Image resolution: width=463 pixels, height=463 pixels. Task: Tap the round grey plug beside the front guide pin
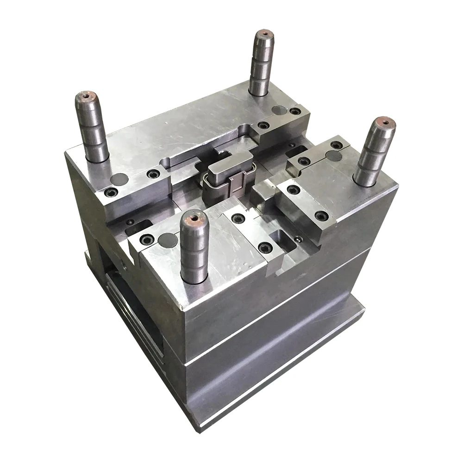(168, 239)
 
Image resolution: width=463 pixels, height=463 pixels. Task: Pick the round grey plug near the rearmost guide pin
(278, 110)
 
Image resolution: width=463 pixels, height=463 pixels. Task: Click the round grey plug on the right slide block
(334, 156)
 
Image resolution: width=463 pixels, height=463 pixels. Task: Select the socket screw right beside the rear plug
(294, 112)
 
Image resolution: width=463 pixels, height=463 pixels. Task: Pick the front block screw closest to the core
(238, 218)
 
